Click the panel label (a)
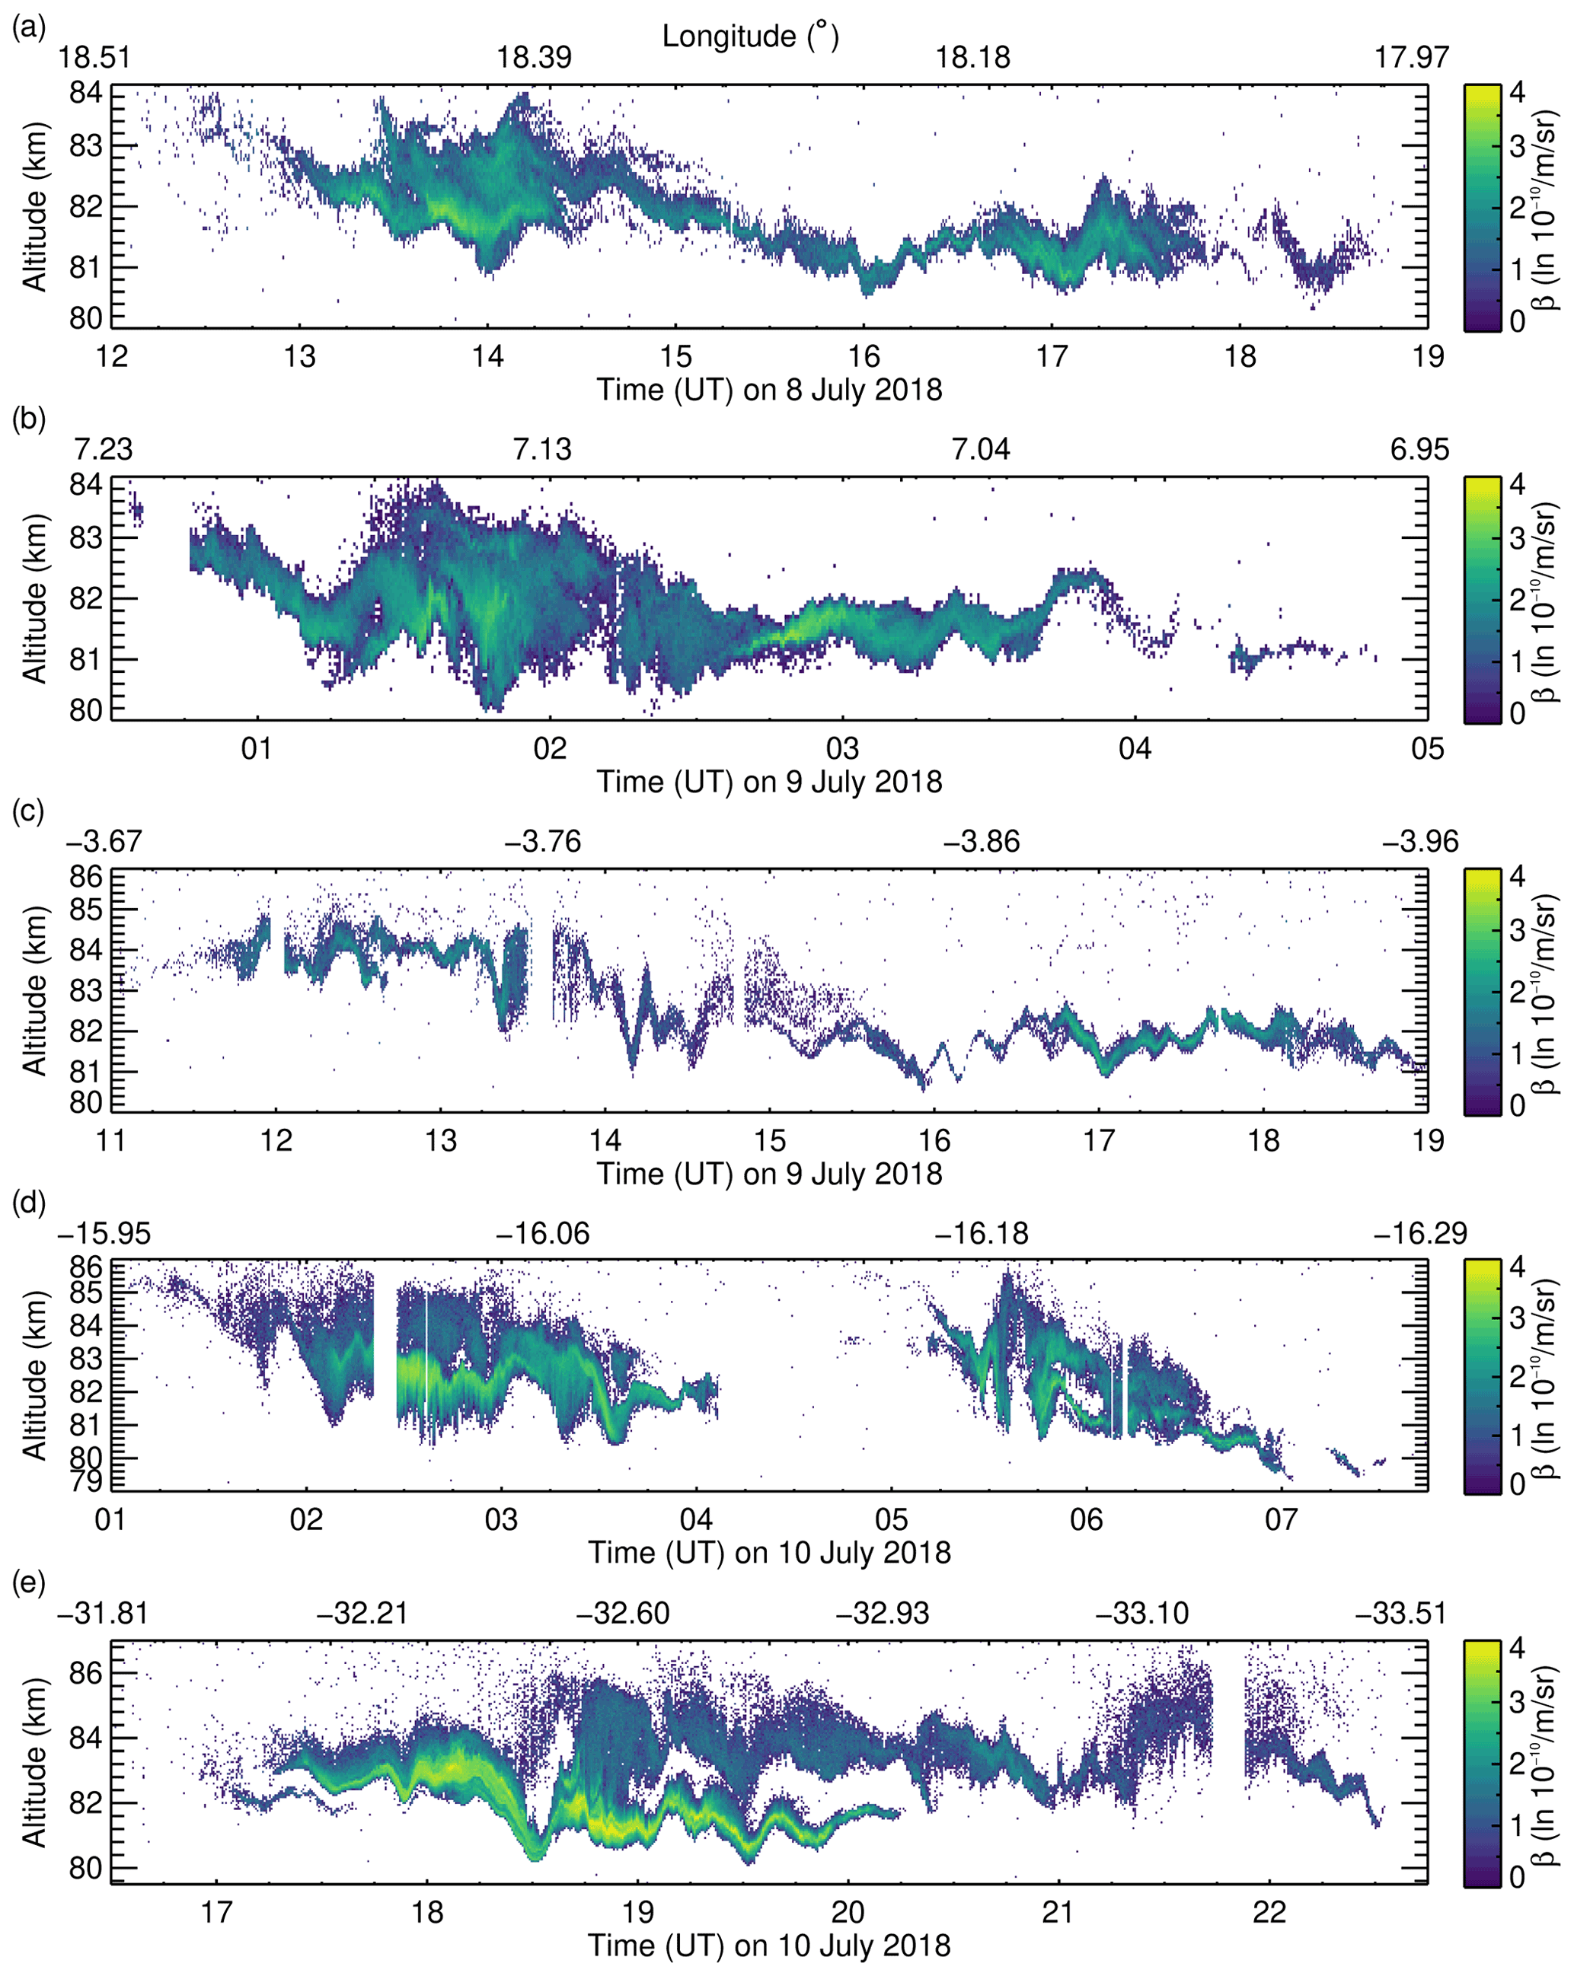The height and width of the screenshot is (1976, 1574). (27, 28)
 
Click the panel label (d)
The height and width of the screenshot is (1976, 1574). (27, 1200)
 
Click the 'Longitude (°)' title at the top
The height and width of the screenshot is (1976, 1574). (750, 37)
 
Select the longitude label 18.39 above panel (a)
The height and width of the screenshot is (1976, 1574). (534, 58)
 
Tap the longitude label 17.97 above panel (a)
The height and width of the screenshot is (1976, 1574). (1411, 58)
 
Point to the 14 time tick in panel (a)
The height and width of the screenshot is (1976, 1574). (487, 355)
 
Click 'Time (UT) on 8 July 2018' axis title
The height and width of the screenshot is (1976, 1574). (769, 390)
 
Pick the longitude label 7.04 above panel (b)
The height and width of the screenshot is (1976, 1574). (981, 450)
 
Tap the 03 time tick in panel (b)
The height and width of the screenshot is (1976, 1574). (842, 748)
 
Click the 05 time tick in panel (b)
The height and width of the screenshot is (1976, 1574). (1427, 748)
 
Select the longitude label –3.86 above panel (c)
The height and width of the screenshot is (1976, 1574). (981, 841)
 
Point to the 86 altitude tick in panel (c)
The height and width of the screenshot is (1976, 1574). (85, 877)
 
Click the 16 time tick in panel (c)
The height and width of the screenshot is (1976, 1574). (934, 1140)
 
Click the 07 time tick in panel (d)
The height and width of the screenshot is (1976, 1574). (1281, 1519)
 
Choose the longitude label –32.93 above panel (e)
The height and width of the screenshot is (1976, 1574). (882, 1613)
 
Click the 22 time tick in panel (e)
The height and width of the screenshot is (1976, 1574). (1269, 1912)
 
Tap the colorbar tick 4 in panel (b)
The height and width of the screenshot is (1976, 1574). (1517, 484)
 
